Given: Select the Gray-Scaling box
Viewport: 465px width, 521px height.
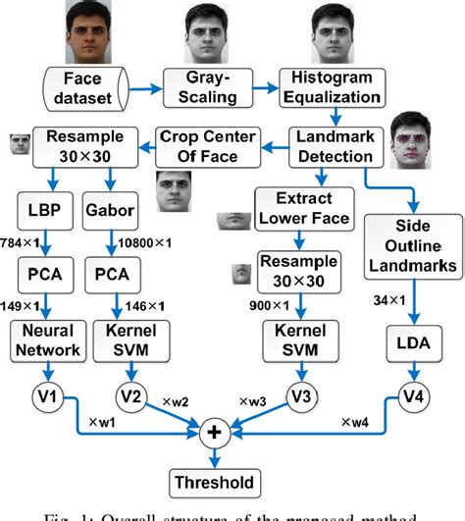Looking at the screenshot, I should [x=220, y=86].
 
